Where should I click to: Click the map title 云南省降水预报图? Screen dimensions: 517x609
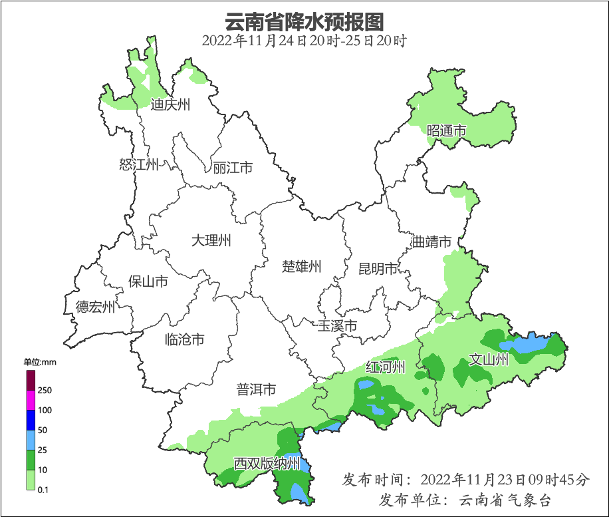304,22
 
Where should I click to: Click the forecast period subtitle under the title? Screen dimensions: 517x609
304,41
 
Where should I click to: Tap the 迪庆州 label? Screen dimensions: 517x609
170,104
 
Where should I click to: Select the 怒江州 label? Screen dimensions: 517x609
139,164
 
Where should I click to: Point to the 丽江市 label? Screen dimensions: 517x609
233,168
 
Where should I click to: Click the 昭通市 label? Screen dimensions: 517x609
446,131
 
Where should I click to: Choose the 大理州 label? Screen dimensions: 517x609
211,240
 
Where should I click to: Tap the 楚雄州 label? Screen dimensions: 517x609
301,267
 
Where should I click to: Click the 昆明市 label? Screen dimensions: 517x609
378,269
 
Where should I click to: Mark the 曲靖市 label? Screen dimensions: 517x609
431,242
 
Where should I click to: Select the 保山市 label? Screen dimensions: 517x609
148,281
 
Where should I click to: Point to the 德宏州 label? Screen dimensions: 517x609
95,307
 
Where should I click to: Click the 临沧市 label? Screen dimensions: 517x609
184,340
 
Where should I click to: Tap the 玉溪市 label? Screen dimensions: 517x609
337,326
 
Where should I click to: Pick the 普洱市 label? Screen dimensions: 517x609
256,390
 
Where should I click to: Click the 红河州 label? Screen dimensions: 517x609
386,367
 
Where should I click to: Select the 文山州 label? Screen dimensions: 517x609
489,360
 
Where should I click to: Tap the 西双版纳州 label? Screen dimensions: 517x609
267,464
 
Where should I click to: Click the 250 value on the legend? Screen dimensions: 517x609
45,390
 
